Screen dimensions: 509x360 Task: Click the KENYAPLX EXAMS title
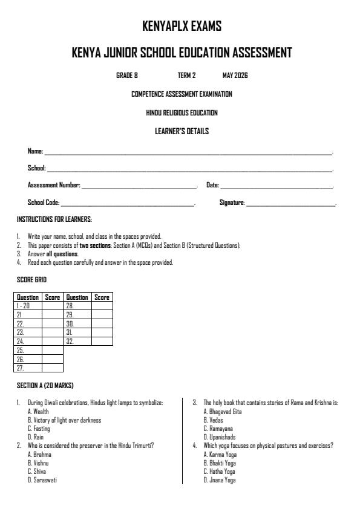coord(182,26)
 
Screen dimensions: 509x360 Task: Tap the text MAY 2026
coord(235,76)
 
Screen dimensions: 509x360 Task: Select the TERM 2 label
coord(186,76)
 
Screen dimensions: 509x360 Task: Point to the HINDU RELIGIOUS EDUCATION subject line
coord(182,112)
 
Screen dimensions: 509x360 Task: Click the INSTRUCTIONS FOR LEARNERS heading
coord(54,219)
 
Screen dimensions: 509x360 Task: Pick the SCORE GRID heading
coord(31,280)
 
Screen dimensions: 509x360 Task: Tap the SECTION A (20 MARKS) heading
coord(45,385)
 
